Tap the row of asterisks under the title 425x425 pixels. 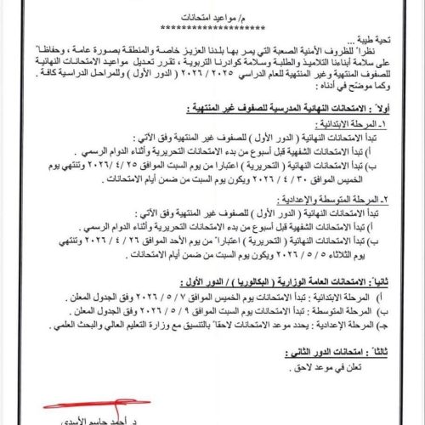[212, 29]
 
